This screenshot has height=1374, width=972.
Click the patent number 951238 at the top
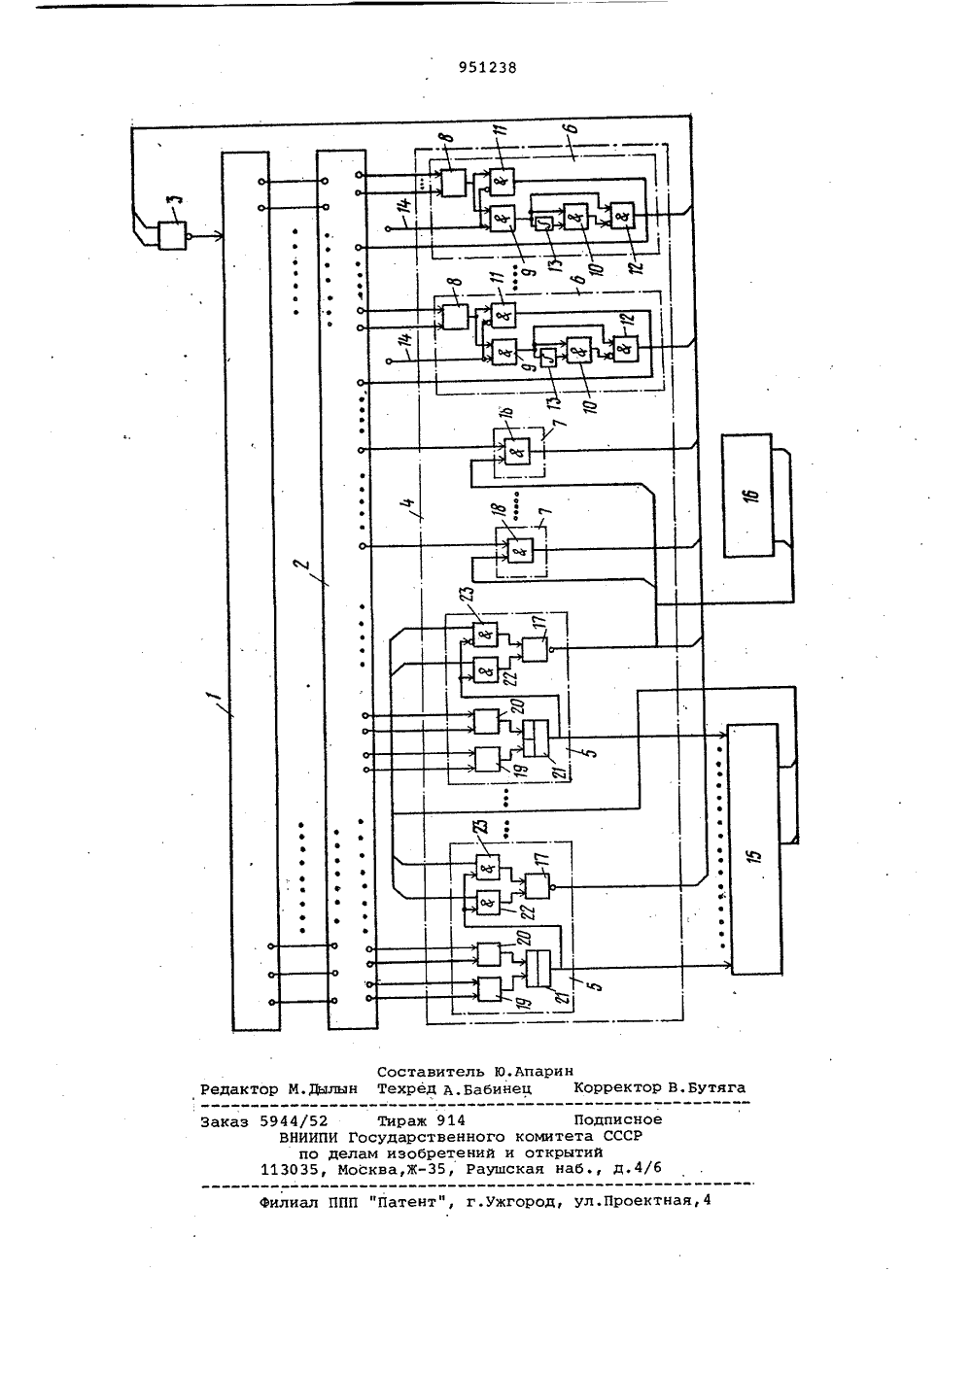[x=487, y=68]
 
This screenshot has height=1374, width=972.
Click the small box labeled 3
[x=172, y=235]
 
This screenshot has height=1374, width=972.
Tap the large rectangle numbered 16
[x=746, y=495]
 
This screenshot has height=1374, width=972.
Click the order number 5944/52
[x=294, y=1121]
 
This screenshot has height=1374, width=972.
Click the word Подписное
[x=618, y=1120]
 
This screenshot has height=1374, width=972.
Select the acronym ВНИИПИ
[x=308, y=1137]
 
